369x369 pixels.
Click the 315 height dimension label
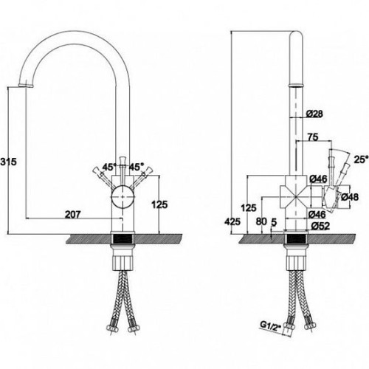8,162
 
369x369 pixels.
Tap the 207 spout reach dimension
73,215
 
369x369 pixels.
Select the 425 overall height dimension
232,221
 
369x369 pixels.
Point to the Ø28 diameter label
314,114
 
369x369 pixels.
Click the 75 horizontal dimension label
313,137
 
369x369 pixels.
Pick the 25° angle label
361,159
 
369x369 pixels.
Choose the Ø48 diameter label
350,197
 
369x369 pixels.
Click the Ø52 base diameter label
320,226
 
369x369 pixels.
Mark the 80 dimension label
261,221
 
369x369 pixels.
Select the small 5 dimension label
274,222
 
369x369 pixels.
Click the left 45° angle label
109,168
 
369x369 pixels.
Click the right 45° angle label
136,168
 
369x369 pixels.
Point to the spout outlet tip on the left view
26,85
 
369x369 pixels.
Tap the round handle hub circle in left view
123,197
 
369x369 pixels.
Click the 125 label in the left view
159,204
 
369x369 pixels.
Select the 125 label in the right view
249,208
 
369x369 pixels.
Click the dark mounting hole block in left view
123,238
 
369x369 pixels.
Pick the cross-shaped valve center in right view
296,197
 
